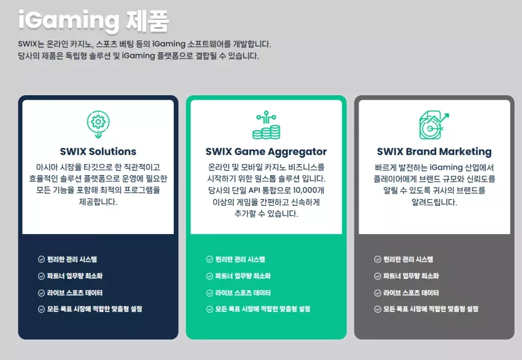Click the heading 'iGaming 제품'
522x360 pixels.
click(93, 21)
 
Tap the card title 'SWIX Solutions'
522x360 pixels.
click(98, 152)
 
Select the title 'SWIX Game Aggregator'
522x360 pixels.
click(266, 152)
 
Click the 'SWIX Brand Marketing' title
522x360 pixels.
click(434, 152)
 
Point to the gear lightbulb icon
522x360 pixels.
click(98, 125)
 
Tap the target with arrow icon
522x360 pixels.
click(434, 125)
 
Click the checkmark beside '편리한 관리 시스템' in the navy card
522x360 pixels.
click(41, 259)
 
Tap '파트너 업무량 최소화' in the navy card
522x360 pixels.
click(75, 276)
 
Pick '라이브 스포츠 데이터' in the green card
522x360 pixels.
click(243, 292)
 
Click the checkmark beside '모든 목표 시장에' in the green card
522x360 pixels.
click(209, 310)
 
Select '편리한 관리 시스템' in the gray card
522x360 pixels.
click(408, 259)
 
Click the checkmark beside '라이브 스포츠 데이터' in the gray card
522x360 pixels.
click(378, 293)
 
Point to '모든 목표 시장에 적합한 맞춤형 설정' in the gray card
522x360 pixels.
click(430, 309)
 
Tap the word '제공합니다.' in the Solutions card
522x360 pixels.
click(98, 202)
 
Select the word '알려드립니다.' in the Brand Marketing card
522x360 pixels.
click(434, 202)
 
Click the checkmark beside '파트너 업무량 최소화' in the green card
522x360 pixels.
click(209, 276)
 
